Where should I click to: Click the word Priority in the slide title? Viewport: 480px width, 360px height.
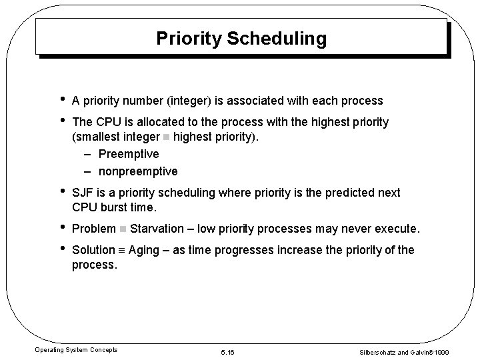(x=189, y=39)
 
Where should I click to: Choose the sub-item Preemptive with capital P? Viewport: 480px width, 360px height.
(x=129, y=154)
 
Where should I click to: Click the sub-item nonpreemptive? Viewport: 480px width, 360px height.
(x=139, y=171)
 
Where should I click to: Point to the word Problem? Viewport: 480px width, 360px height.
(x=93, y=229)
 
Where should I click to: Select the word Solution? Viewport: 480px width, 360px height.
(x=93, y=250)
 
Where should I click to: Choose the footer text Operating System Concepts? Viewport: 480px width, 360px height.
(x=76, y=350)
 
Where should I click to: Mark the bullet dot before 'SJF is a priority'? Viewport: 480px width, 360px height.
(x=61, y=191)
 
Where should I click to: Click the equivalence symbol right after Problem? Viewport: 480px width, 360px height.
(x=122, y=229)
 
